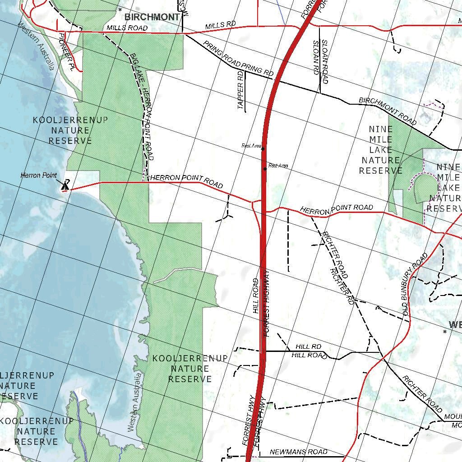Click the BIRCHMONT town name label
point(152,17)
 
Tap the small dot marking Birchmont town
point(120,9)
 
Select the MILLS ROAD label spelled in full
point(127,28)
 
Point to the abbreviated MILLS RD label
point(221,26)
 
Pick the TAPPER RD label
point(240,90)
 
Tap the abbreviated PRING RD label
point(258,69)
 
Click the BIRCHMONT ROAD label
point(388,111)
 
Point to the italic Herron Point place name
point(39,175)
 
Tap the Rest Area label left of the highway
point(251,146)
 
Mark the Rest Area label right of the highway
point(278,166)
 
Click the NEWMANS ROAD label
point(298,452)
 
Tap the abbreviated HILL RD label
point(309,346)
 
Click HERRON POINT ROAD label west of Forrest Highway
point(186,181)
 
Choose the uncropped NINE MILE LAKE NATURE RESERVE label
point(380,150)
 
